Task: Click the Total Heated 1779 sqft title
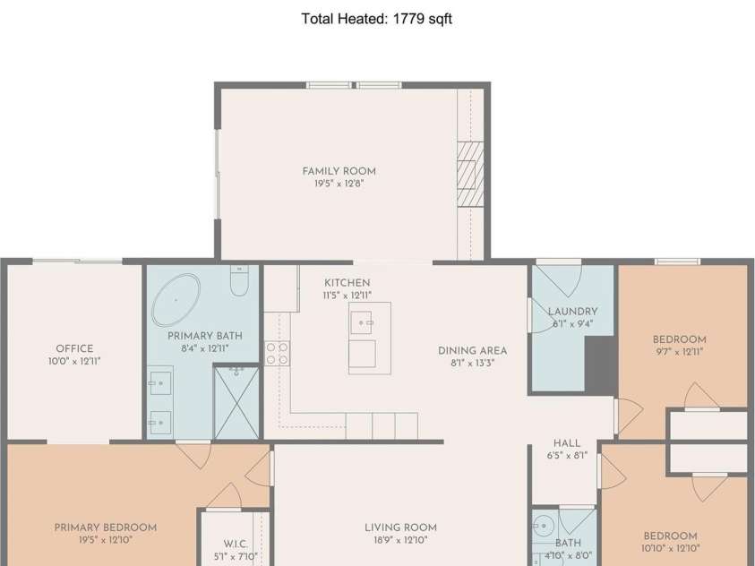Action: click(376, 19)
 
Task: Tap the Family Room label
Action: click(339, 171)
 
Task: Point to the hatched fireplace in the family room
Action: click(470, 175)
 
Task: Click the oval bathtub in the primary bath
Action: click(176, 300)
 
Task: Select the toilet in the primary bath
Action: click(239, 280)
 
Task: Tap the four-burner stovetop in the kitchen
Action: click(277, 354)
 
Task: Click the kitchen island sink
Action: click(361, 322)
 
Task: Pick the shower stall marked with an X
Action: click(236, 403)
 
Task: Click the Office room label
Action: click(74, 348)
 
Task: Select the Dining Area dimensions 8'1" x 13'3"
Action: click(472, 363)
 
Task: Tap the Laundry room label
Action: click(572, 312)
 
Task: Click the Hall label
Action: click(567, 443)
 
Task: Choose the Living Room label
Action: click(400, 527)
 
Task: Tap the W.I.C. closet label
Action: click(236, 544)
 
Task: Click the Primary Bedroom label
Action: click(106, 527)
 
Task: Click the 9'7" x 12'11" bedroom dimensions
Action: click(680, 352)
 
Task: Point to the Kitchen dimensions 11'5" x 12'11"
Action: click(347, 295)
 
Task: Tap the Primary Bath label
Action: click(204, 336)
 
